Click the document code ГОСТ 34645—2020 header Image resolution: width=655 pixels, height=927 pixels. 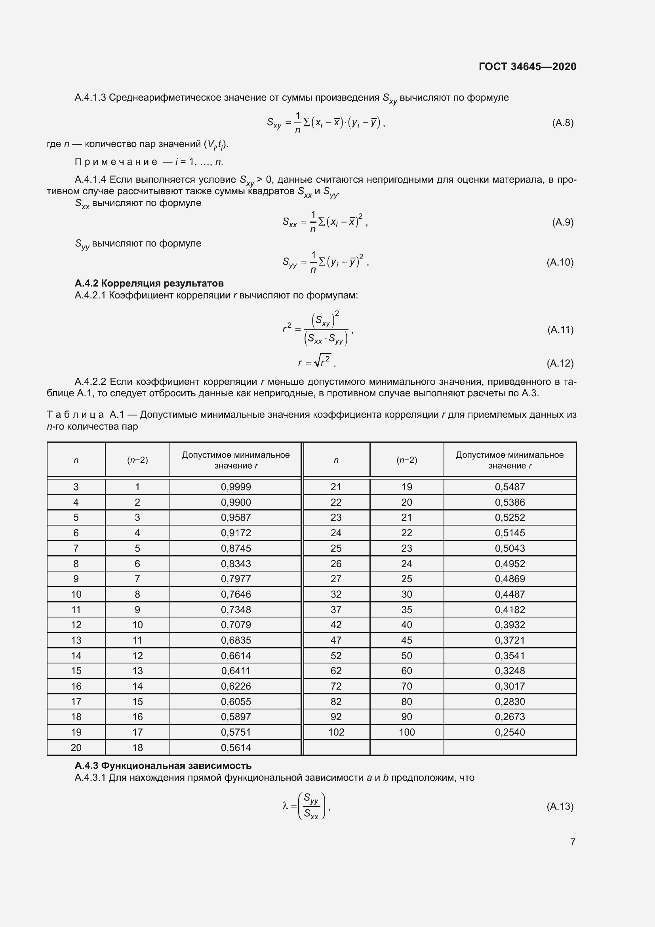pyautogui.click(x=527, y=67)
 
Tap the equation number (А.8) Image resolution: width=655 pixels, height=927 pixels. pyautogui.click(x=563, y=123)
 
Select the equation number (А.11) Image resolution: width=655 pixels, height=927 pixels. pyautogui.click(x=560, y=329)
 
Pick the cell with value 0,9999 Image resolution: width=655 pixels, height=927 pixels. pyautogui.click(x=236, y=487)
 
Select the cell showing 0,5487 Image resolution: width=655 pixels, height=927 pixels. pyautogui.click(x=510, y=487)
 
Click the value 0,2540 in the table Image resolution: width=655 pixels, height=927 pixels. pyautogui.click(x=510, y=732)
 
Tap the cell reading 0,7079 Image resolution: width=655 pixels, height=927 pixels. pyautogui.click(x=236, y=625)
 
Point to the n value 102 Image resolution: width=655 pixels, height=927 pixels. pyautogui.click(x=336, y=732)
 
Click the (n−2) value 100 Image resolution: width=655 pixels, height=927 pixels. pyautogui.click(x=407, y=732)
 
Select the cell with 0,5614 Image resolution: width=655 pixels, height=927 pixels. pyautogui.click(x=236, y=747)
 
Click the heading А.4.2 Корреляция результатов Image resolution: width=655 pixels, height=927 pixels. pyautogui.click(x=149, y=283)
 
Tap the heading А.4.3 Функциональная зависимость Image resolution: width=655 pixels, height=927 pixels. pyautogui.click(x=163, y=766)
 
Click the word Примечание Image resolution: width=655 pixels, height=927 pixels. pyautogui.click(x=116, y=162)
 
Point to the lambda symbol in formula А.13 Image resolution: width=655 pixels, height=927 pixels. pyautogui.click(x=285, y=806)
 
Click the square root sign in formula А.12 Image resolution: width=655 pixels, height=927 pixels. pyautogui.click(x=318, y=361)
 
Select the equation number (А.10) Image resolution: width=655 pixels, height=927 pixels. pyautogui.click(x=560, y=262)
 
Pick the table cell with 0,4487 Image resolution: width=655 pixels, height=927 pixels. pyautogui.click(x=510, y=594)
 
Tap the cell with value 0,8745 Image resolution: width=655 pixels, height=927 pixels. pyautogui.click(x=236, y=548)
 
